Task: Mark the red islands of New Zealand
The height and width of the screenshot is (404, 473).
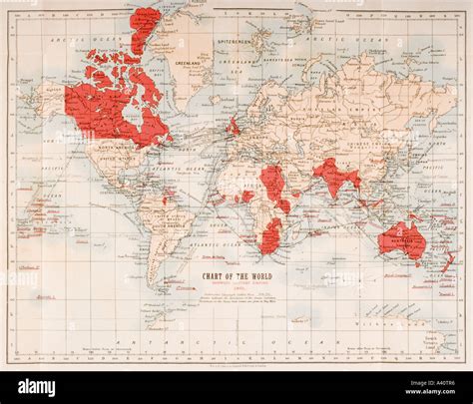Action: (x=444, y=261)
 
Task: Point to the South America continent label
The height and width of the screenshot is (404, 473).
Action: (x=163, y=222)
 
